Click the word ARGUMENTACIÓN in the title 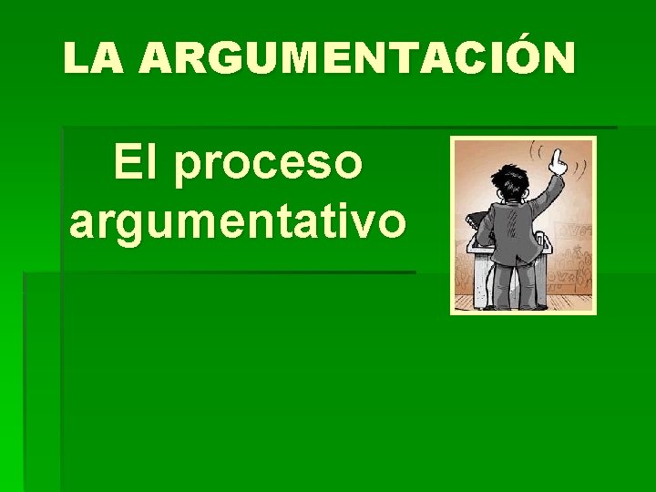coord(358,59)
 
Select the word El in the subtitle coord(132,164)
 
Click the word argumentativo coord(238,222)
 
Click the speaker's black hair coord(505,181)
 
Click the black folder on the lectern coord(475,220)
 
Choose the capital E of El coord(125,164)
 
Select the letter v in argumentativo coord(366,222)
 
